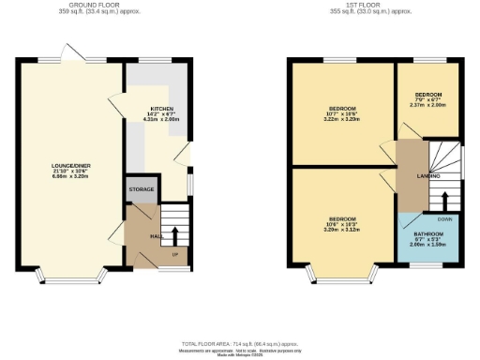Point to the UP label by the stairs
click(x=174, y=254)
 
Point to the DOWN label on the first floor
click(x=443, y=218)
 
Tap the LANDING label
click(x=411, y=174)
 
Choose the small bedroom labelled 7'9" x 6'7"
click(x=427, y=99)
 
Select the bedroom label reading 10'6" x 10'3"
click(x=340, y=221)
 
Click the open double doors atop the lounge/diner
click(x=71, y=52)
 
